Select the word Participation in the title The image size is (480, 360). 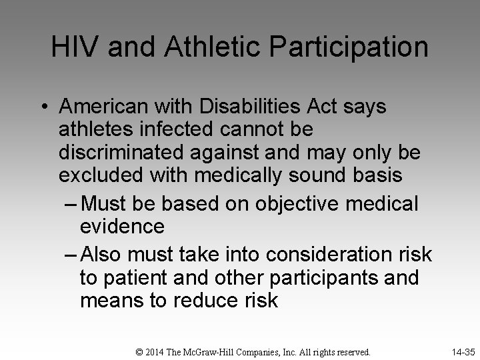353,47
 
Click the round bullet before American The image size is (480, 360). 44,107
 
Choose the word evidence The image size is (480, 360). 122,227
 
